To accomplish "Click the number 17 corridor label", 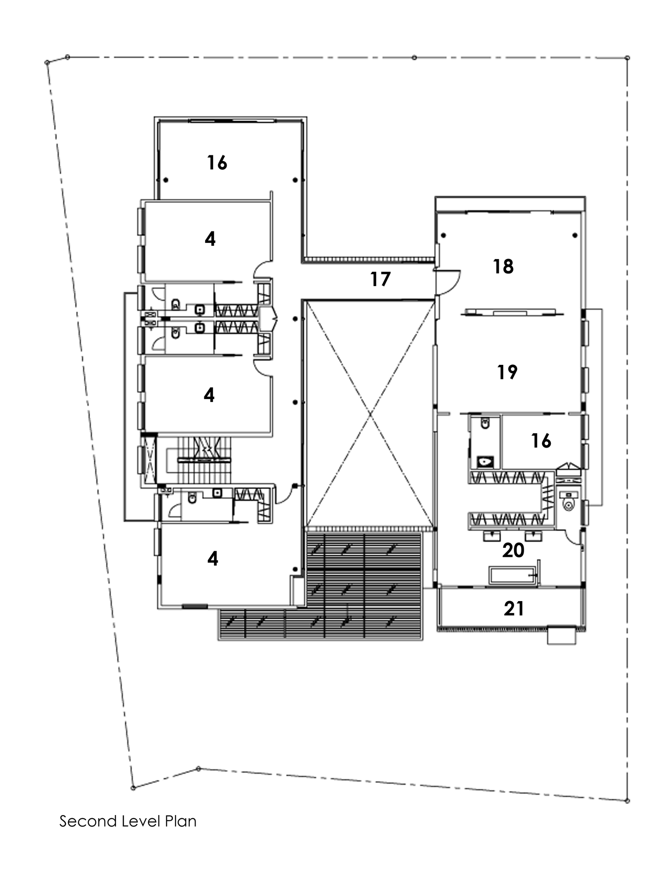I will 380,279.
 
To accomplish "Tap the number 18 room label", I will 503,266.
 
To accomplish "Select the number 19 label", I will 507,372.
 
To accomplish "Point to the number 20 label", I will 513,550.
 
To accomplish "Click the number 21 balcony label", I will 514,609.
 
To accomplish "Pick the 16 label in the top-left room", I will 217,163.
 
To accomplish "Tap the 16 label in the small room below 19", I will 541,441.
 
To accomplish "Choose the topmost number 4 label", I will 210,239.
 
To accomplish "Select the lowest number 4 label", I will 213,559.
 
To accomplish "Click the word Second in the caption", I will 87,821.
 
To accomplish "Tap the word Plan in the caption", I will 180,821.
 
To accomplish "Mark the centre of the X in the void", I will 370,413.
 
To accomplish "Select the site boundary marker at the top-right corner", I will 627,58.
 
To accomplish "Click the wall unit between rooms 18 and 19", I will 511,312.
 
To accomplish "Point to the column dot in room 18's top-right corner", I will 575,236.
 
